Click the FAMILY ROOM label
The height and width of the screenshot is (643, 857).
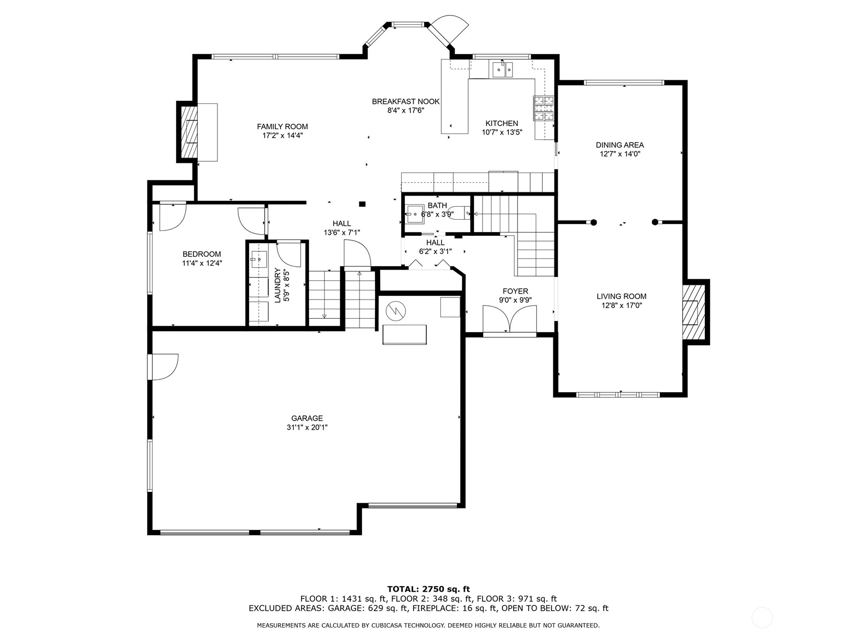click(282, 126)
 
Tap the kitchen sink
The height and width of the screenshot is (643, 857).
click(502, 70)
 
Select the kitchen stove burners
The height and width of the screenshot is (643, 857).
click(544, 108)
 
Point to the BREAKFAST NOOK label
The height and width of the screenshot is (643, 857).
click(405, 101)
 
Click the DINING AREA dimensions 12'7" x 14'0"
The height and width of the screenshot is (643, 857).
click(620, 154)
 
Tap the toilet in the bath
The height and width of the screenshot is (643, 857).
click(460, 213)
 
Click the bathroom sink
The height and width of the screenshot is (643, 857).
click(415, 214)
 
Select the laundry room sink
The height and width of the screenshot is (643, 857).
click(258, 259)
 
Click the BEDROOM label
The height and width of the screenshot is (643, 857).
click(201, 254)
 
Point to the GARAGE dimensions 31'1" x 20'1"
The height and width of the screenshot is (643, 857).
click(307, 427)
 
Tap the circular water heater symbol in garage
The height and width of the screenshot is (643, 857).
click(396, 311)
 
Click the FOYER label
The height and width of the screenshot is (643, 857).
click(515, 291)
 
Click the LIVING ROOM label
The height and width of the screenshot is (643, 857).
click(621, 296)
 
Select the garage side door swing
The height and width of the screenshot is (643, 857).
click(163, 367)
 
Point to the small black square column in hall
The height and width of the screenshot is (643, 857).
click(362, 204)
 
